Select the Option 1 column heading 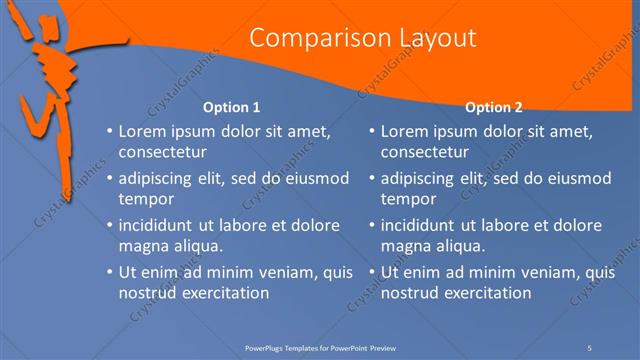[x=231, y=107]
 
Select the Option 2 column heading [x=493, y=107]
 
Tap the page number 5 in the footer [x=590, y=346]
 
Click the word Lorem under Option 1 [x=143, y=131]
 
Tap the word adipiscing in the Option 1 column [x=159, y=178]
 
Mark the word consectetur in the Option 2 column [x=425, y=153]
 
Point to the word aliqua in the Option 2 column [x=457, y=246]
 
